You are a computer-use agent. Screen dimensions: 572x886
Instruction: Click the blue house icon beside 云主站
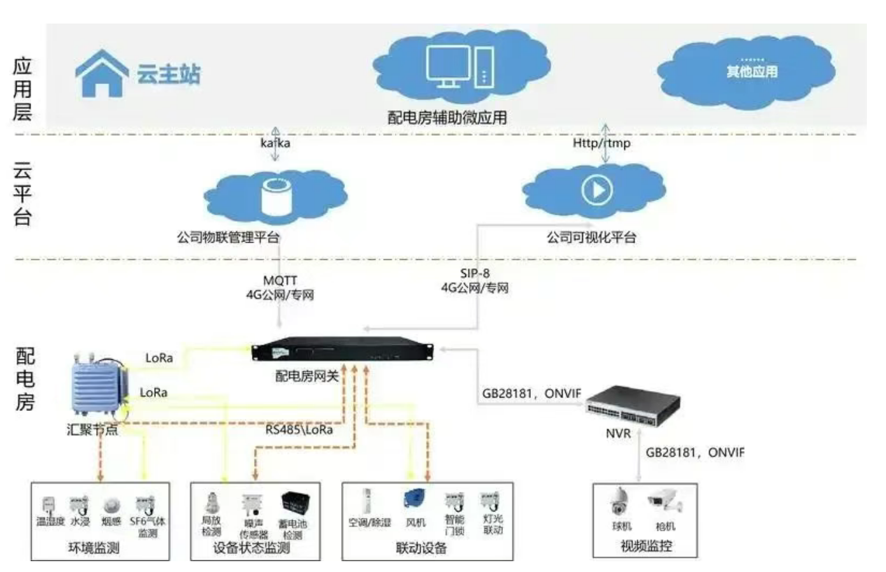pos(102,73)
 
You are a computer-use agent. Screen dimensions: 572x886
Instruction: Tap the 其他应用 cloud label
pos(752,71)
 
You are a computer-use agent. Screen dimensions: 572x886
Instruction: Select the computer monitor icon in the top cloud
pos(448,66)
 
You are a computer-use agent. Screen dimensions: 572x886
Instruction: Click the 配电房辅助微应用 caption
pos(447,117)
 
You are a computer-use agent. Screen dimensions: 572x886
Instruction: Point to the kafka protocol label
pos(275,143)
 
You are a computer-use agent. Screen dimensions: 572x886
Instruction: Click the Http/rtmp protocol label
pos(601,143)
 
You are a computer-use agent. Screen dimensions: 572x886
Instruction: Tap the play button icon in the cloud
pos(596,190)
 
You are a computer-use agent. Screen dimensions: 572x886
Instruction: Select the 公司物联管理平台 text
pos(228,238)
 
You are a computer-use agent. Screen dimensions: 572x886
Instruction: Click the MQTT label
pos(280,280)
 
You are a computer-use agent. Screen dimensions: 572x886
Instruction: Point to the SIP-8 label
pos(475,273)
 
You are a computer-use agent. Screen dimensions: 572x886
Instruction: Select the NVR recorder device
pos(632,405)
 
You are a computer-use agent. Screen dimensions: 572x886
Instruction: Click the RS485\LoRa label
pos(299,430)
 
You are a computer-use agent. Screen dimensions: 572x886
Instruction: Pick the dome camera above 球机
pos(619,502)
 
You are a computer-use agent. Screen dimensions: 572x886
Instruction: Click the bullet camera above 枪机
pos(664,501)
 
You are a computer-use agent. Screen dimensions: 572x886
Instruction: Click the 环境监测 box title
pos(94,548)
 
